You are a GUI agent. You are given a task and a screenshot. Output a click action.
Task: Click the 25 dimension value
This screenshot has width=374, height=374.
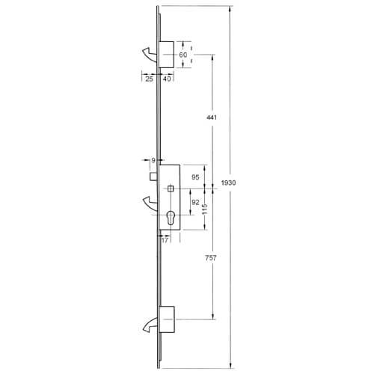(x=149, y=79)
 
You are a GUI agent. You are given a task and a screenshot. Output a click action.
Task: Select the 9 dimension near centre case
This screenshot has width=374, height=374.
(x=153, y=160)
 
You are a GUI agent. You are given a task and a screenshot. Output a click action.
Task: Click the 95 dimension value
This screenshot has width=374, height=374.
(x=195, y=177)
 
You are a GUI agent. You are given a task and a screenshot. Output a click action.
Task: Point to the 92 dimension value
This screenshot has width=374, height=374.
(x=195, y=202)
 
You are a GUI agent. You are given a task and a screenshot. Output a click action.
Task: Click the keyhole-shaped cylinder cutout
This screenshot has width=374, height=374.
(x=171, y=220)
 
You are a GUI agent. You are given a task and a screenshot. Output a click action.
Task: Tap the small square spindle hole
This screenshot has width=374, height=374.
(x=171, y=187)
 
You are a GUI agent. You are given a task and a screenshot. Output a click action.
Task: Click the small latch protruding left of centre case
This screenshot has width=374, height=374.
(x=153, y=177)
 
